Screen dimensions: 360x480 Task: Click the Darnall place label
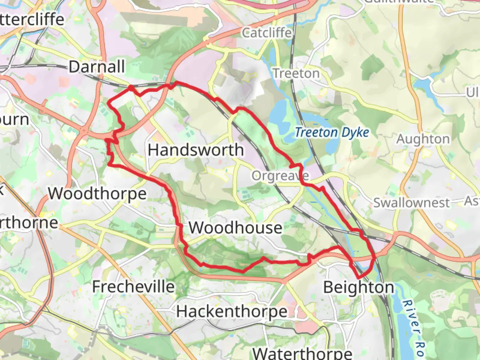[97, 67]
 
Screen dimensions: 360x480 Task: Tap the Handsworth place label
[196, 150]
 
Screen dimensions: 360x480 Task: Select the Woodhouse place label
[235, 228]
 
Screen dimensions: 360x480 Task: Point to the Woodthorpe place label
[97, 194]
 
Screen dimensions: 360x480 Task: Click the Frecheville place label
[133, 287]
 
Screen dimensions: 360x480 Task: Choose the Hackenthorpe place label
[231, 312]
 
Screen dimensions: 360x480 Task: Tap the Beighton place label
[358, 287]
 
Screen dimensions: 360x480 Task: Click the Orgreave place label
[280, 176]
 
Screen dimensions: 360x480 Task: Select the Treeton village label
[296, 73]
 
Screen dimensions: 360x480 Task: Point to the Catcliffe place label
[267, 33]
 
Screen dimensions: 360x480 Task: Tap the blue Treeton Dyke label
[332, 133]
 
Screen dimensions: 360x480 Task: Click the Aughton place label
[423, 139]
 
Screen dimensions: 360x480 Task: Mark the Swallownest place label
[411, 203]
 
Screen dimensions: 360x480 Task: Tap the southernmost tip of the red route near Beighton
[359, 278]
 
